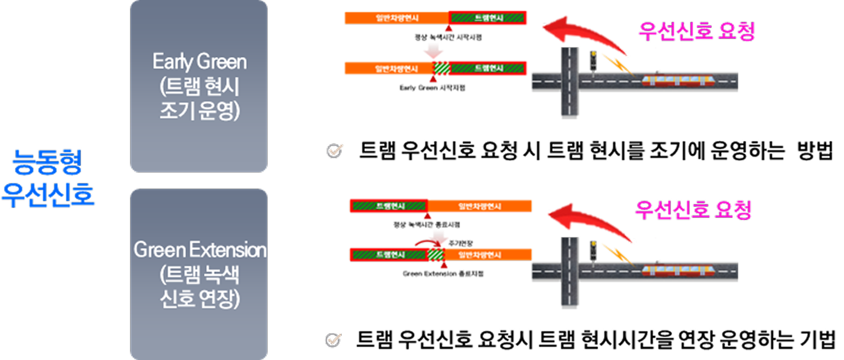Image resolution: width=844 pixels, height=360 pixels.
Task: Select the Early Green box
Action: point(199,86)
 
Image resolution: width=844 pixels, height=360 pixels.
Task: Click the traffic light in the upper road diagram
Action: point(593,60)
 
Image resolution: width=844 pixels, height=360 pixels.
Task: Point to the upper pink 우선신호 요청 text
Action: point(696,31)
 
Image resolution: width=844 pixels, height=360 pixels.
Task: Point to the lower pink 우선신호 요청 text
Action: point(693,210)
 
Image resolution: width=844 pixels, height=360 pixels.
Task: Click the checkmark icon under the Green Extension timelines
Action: point(333,340)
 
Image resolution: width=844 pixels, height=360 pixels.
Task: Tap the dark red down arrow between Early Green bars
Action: point(433,52)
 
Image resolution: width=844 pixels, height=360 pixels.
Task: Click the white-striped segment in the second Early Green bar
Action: point(441,68)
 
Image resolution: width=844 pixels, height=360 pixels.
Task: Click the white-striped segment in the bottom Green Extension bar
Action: point(436,255)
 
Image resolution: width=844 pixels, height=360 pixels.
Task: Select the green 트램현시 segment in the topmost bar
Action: point(488,18)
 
